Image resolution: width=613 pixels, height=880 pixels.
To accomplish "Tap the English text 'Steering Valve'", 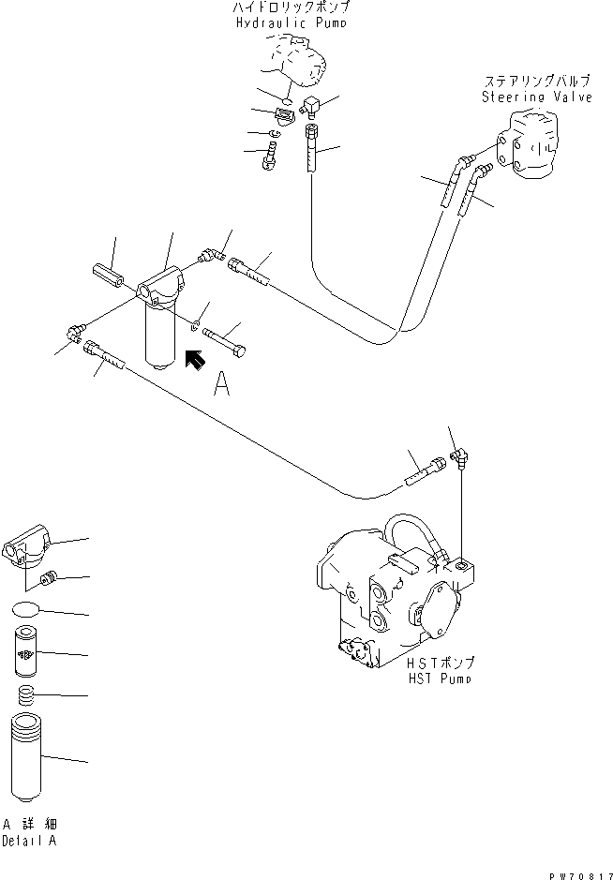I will coord(536,97).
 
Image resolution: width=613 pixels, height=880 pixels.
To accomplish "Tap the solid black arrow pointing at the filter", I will coord(195,360).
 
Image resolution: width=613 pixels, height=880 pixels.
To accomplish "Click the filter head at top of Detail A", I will coord(31,547).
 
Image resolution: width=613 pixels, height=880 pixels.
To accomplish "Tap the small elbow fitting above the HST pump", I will coord(460,455).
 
